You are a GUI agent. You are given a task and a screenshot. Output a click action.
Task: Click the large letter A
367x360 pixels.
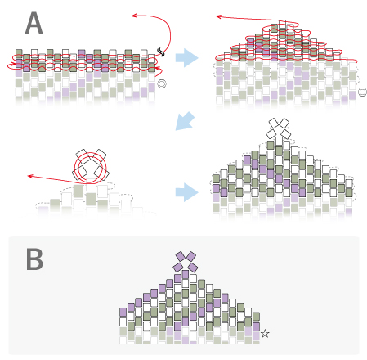tap(34, 23)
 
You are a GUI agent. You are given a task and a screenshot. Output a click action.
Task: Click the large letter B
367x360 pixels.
tap(34, 259)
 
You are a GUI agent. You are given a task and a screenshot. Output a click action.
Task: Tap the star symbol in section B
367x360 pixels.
tap(265, 333)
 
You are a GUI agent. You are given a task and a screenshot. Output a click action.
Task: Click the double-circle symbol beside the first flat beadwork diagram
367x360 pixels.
tap(162, 83)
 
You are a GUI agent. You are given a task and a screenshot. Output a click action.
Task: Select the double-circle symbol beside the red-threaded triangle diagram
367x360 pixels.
tap(362, 92)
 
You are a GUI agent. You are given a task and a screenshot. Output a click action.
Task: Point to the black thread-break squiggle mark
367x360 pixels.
tap(161, 52)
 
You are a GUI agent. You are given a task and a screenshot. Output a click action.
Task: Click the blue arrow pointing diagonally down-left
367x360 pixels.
tap(185, 121)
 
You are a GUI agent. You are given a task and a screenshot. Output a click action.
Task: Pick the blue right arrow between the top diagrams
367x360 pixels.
tap(186, 58)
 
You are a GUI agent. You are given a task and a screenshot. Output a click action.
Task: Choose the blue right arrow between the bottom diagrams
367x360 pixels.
tap(186, 192)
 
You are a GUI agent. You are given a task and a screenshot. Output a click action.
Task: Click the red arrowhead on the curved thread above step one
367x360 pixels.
tap(134, 16)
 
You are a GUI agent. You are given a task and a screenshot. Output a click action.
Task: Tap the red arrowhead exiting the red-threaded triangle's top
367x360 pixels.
tap(218, 16)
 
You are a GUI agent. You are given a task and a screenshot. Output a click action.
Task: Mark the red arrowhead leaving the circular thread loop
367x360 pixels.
tap(30, 176)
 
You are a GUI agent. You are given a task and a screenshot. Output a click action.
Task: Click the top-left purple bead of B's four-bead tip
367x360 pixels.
tap(181, 256)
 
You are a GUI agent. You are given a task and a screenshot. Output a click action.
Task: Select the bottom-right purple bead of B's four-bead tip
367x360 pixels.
tap(193, 268)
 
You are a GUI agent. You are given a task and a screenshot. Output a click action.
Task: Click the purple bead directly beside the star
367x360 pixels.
tap(256, 327)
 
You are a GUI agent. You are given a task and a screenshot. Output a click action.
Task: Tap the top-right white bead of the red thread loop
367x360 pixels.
tap(99, 156)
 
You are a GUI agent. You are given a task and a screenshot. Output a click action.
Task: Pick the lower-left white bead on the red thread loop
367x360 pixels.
tap(80, 173)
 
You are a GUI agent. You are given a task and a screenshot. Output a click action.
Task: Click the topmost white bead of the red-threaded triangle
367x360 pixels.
tap(282, 24)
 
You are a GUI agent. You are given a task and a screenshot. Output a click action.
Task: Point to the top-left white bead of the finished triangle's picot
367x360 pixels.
tap(274, 123)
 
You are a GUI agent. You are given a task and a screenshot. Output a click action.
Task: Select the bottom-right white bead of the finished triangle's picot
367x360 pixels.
tap(286, 134)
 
